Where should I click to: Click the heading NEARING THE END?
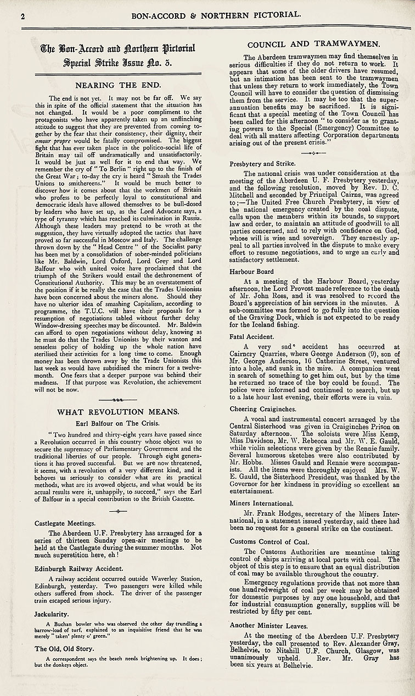tap(118, 85)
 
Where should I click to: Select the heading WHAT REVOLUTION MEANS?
tap(118, 411)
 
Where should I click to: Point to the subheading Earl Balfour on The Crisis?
tap(118, 423)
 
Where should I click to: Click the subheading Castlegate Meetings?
tap(65, 523)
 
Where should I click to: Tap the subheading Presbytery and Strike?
tap(262, 163)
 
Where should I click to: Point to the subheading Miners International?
tap(261, 503)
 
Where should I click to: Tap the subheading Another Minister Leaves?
tap(269, 625)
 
